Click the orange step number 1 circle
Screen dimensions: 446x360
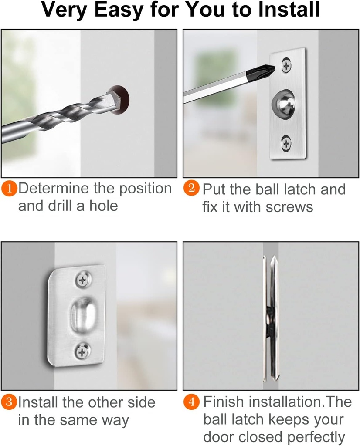(9, 189)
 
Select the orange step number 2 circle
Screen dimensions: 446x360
(191, 189)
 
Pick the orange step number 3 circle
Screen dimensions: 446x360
(9, 402)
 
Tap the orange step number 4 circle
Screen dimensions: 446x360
(191, 402)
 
